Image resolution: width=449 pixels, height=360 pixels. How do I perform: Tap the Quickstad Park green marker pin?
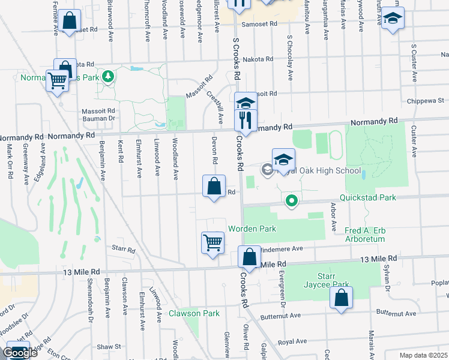[292, 200]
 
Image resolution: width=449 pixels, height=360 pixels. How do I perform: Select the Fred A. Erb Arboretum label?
[373, 235]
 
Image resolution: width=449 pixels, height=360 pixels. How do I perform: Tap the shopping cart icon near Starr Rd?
[213, 243]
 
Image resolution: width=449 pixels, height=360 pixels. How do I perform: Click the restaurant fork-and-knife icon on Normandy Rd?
[246, 120]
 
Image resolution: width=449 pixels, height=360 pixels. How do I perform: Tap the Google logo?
[20, 353]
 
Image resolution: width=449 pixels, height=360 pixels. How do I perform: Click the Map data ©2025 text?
[424, 355]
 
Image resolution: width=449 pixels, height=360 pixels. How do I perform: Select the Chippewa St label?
[427, 101]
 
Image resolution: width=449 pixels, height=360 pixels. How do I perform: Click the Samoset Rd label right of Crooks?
[259, 25]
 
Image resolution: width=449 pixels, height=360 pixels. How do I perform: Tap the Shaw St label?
[109, 346]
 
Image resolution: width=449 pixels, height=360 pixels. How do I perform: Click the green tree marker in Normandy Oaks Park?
[108, 76]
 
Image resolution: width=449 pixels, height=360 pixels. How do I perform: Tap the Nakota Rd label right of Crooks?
[261, 59]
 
